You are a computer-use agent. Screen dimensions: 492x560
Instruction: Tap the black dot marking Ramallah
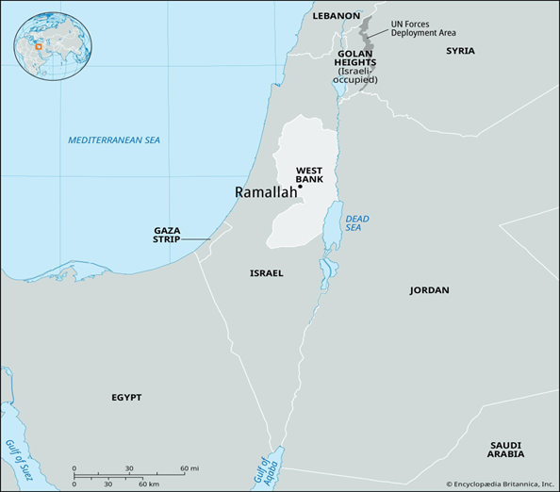[301, 187]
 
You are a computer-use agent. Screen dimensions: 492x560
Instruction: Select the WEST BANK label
[309, 174]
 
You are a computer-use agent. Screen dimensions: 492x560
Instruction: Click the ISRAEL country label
[266, 273]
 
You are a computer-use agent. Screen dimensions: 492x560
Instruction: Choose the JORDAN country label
[429, 290]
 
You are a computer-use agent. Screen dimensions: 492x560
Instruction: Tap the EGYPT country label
[125, 398]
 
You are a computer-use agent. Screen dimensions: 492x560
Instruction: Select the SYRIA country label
[460, 50]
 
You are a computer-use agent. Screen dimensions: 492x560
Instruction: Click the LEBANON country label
[337, 16]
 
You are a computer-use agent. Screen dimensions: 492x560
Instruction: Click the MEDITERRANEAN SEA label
[114, 140]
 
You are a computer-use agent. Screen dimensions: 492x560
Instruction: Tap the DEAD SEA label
[356, 223]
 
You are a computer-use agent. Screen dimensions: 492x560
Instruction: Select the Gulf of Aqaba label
[264, 467]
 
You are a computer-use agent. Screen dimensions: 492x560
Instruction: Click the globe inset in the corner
[46, 41]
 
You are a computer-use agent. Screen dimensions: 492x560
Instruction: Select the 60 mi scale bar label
[189, 468]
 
